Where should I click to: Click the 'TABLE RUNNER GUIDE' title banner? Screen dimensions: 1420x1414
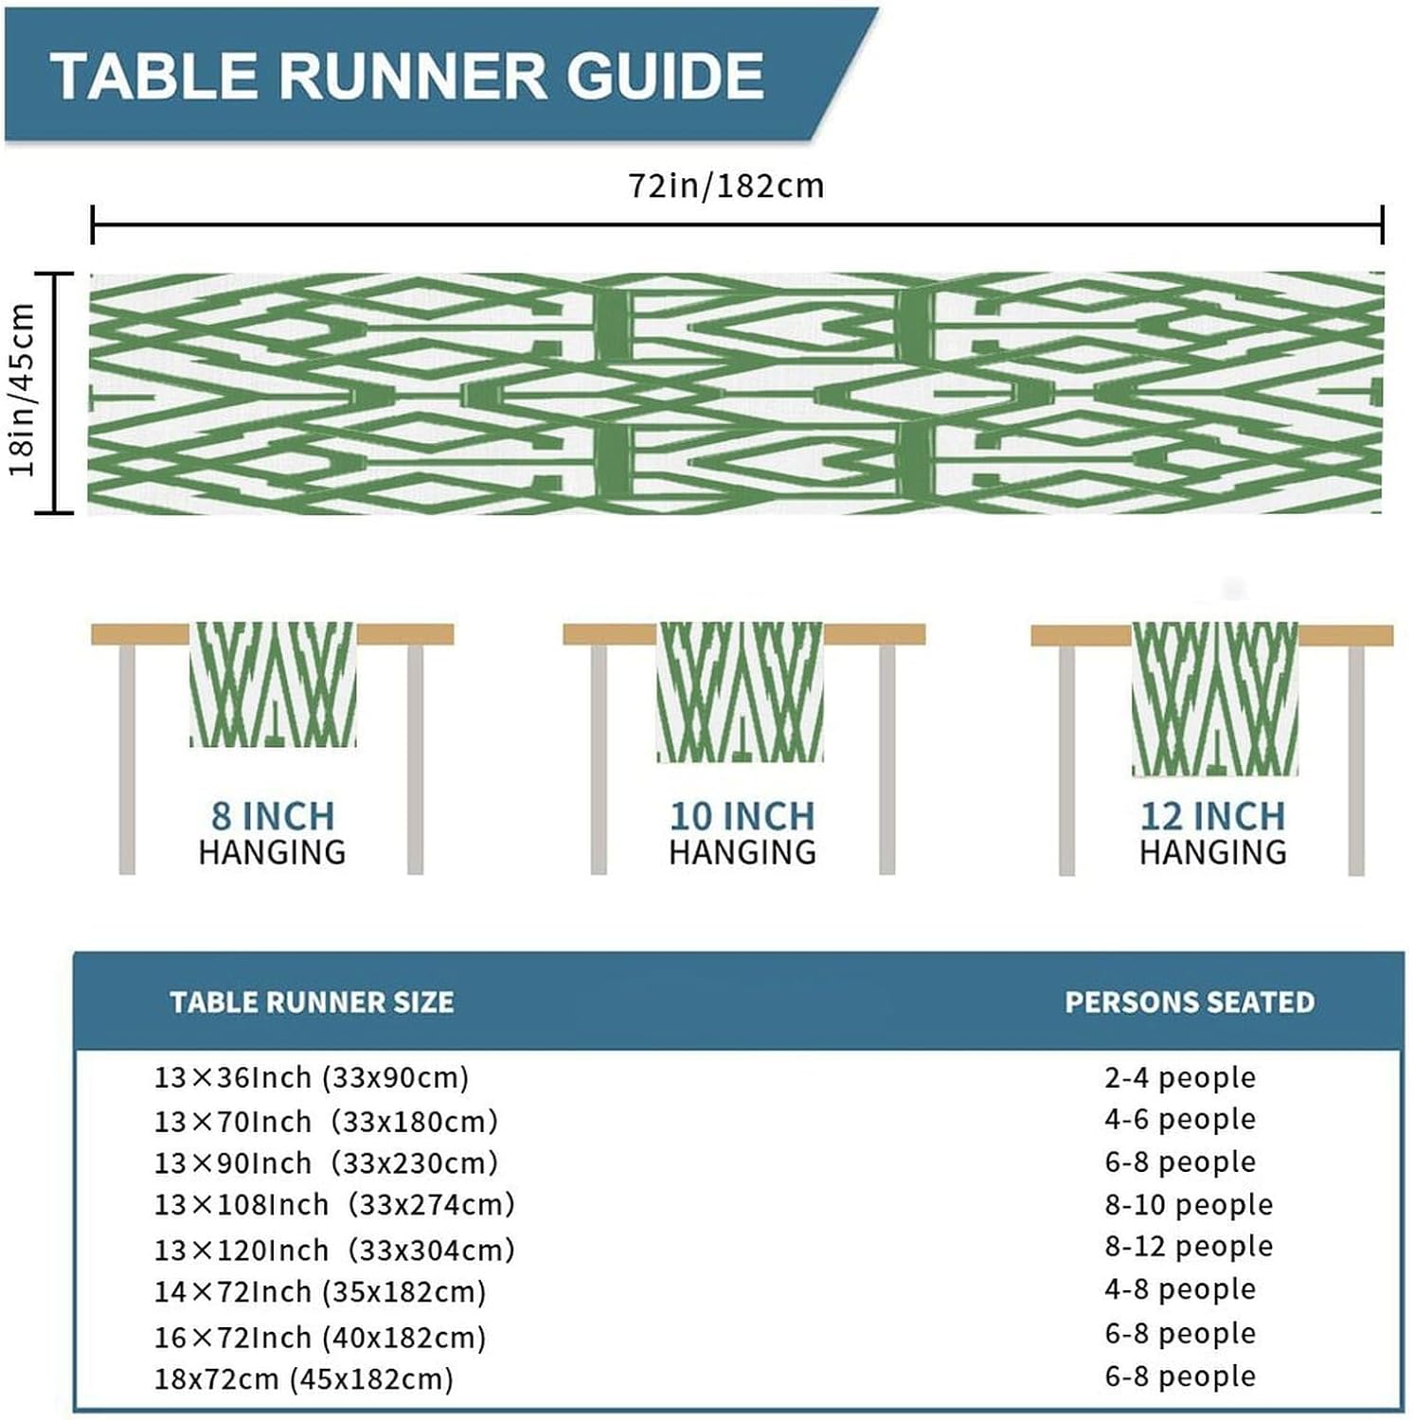click(x=407, y=76)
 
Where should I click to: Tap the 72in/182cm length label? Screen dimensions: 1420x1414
click(x=726, y=186)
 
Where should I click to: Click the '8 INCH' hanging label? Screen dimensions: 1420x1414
click(x=273, y=816)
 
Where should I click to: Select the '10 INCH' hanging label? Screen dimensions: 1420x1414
click(x=742, y=816)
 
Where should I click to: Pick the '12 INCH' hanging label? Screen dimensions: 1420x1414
click(x=1212, y=816)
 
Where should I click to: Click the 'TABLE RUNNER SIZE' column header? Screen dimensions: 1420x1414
click(x=312, y=1003)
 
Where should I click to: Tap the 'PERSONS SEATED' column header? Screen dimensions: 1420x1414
click(x=1190, y=1003)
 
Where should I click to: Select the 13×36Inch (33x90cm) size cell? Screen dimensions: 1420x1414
click(x=312, y=1077)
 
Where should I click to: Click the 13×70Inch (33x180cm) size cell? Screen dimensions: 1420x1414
click(x=326, y=1122)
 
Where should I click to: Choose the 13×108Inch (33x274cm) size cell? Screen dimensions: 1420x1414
click(x=334, y=1205)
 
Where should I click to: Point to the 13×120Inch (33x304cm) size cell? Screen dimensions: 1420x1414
click(x=334, y=1250)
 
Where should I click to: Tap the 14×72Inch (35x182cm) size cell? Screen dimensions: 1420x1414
click(x=320, y=1292)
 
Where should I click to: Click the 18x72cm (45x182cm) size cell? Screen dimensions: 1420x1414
click(x=303, y=1378)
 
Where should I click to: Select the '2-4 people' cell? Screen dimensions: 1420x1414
click(x=1180, y=1077)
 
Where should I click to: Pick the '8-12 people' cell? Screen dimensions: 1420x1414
click(x=1189, y=1247)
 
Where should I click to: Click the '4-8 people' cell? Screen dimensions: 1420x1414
click(x=1180, y=1289)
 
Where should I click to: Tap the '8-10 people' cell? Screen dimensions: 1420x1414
click(x=1189, y=1205)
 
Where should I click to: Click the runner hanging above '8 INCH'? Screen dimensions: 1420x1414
click(x=273, y=683)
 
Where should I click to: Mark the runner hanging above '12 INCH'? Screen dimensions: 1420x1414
click(x=1214, y=699)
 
